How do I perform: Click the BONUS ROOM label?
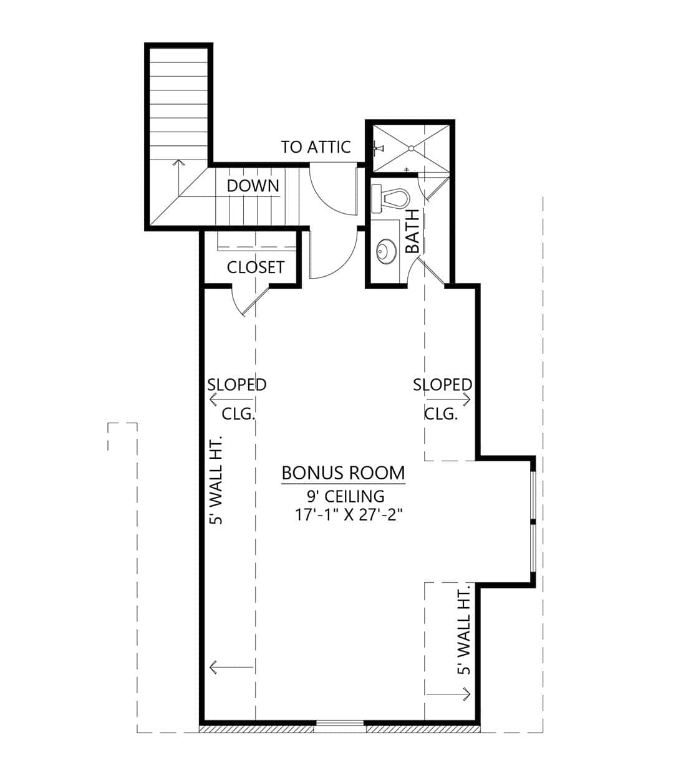343,473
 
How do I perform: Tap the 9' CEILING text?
345,496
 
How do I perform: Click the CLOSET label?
255,267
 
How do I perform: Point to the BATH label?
412,231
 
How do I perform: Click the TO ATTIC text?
316,147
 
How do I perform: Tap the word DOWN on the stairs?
253,185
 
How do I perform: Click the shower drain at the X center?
410,148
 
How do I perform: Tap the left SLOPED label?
236,385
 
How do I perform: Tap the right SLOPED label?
442,385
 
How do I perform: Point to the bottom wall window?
340,724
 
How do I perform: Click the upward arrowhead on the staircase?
178,162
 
